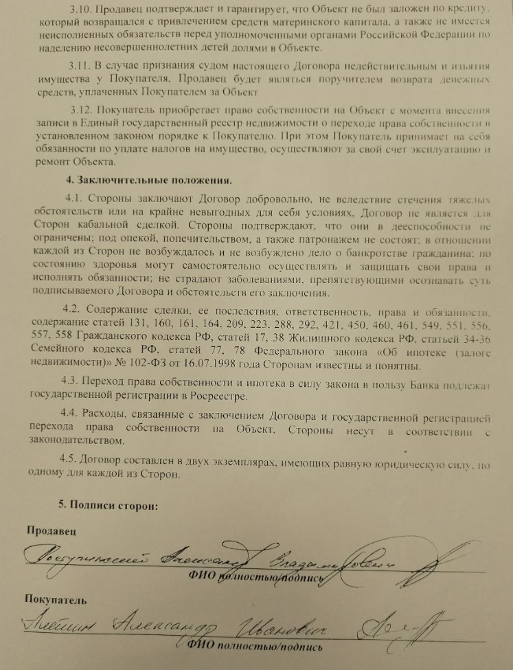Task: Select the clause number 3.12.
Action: coord(80,110)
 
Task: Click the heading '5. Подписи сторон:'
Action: coord(109,506)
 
